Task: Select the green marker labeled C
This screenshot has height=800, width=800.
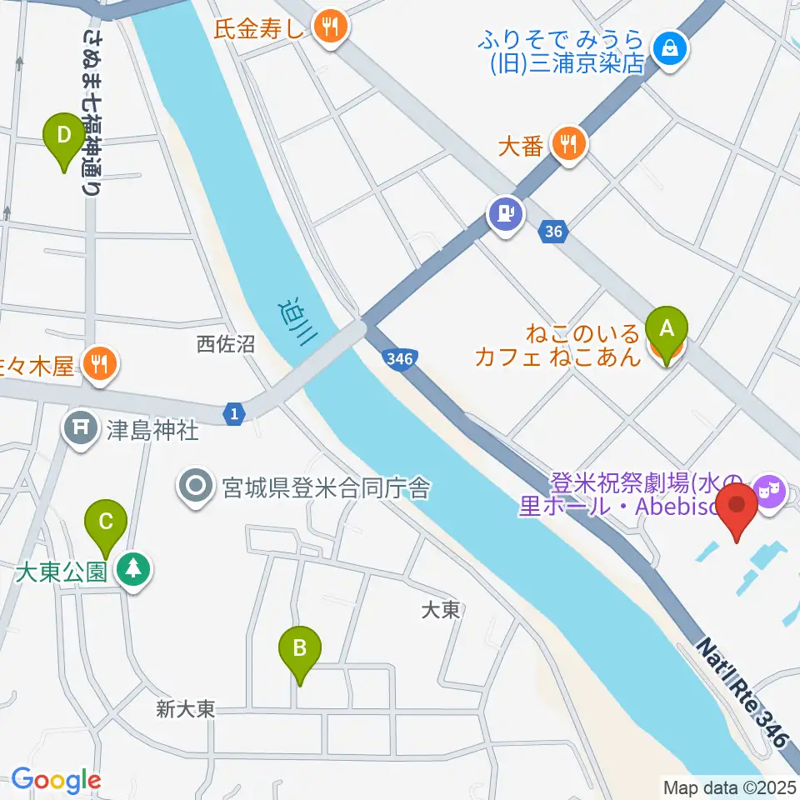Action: [x=106, y=522]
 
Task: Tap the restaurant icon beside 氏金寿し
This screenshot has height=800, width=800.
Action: [x=331, y=26]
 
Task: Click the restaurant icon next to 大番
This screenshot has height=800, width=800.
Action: [x=568, y=145]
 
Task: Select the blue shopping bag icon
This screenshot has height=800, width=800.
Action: [x=671, y=48]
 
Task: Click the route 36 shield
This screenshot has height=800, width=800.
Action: [x=554, y=232]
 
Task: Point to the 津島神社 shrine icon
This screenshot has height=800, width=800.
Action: [x=82, y=429]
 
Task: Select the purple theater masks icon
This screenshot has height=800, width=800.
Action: [x=767, y=487]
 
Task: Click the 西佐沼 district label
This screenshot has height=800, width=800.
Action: [x=225, y=343]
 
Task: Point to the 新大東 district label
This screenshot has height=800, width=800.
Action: [x=185, y=709]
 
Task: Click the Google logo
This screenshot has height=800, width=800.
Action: [x=56, y=780]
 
